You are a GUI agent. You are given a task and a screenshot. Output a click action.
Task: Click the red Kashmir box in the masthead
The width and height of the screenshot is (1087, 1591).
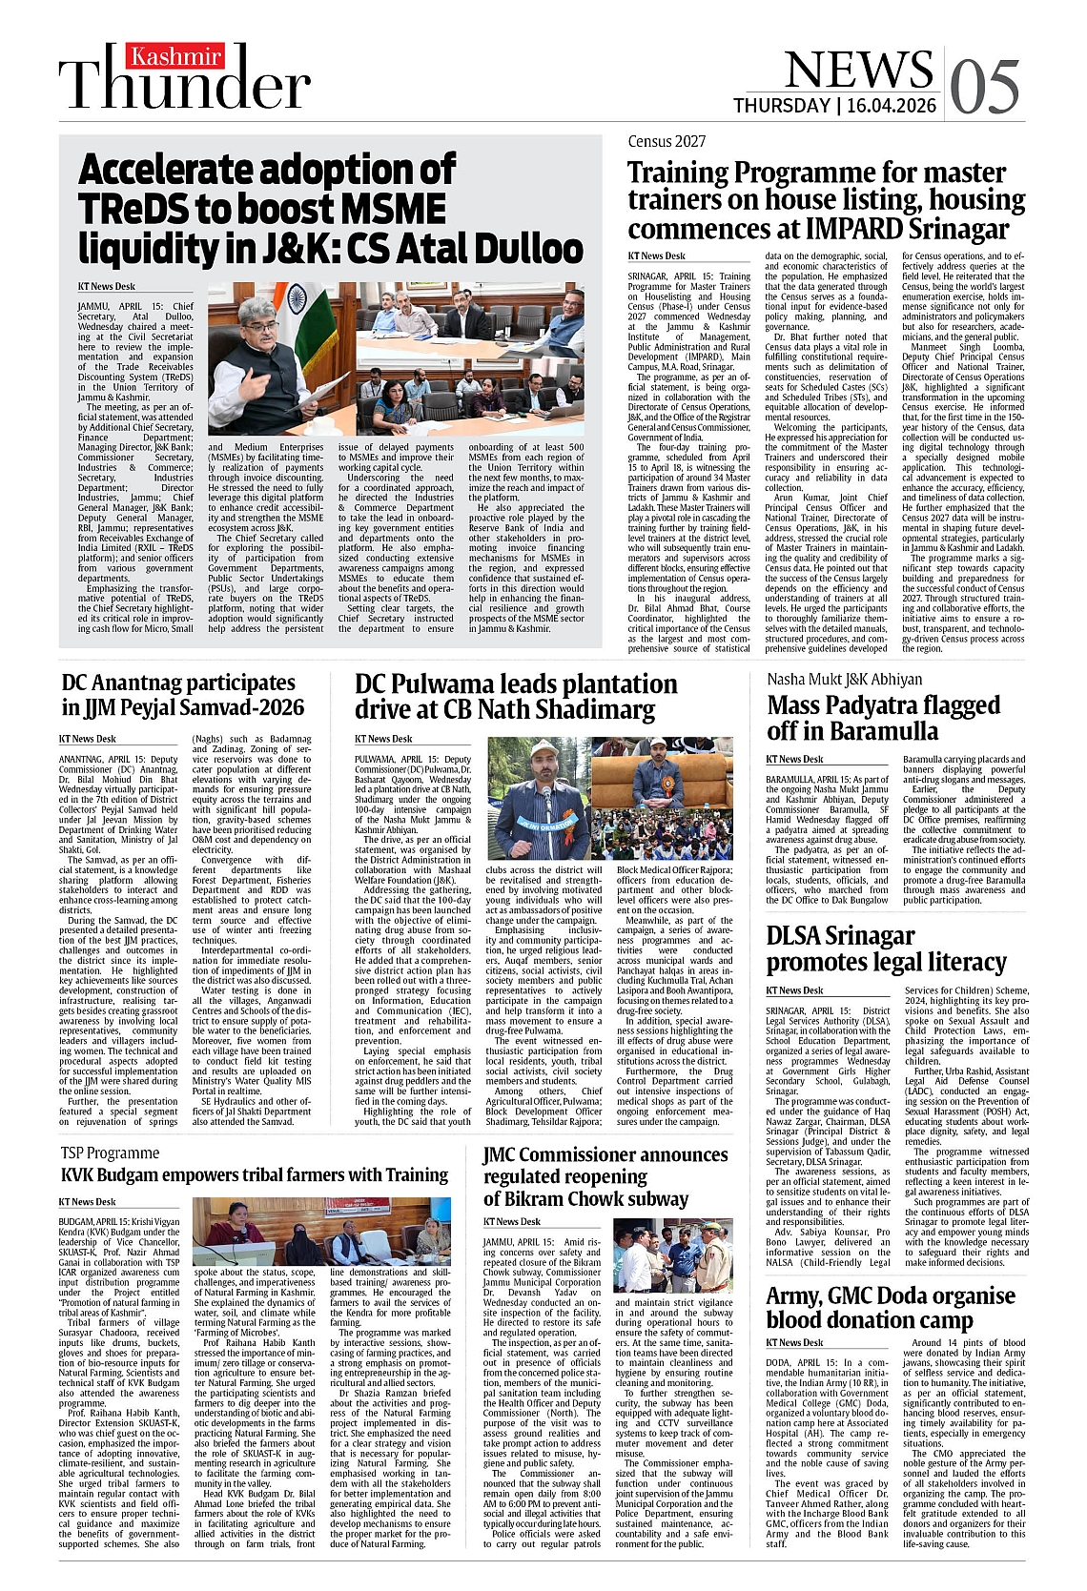click(x=176, y=56)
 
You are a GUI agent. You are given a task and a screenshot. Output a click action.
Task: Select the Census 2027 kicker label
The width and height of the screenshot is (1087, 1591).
click(x=667, y=141)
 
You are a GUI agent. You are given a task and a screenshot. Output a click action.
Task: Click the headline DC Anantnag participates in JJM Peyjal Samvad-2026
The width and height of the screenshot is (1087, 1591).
click(x=182, y=695)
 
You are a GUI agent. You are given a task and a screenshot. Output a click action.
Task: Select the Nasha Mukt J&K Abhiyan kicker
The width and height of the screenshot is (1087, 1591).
click(x=844, y=679)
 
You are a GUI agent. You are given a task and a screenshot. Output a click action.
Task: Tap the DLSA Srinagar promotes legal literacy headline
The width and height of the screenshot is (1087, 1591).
click(x=886, y=948)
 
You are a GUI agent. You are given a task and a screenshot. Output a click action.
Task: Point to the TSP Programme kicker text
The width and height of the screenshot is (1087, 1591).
click(x=110, y=1152)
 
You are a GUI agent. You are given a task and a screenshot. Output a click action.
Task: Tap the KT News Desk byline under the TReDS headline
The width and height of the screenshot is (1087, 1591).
click(x=107, y=286)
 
